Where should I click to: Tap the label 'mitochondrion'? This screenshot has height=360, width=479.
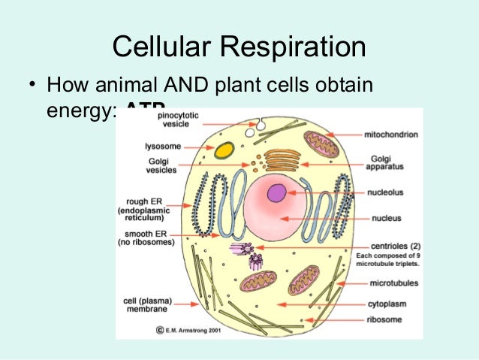(x=391, y=135)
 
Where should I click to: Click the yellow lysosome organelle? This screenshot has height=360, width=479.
(x=224, y=150)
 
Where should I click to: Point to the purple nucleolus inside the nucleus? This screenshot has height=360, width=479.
(x=277, y=193)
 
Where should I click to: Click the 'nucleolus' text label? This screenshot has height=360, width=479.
(x=385, y=192)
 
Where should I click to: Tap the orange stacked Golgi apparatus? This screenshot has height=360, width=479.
(x=283, y=159)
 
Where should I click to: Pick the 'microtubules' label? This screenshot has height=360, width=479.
(x=394, y=283)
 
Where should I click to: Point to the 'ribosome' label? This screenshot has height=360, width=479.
(x=385, y=319)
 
